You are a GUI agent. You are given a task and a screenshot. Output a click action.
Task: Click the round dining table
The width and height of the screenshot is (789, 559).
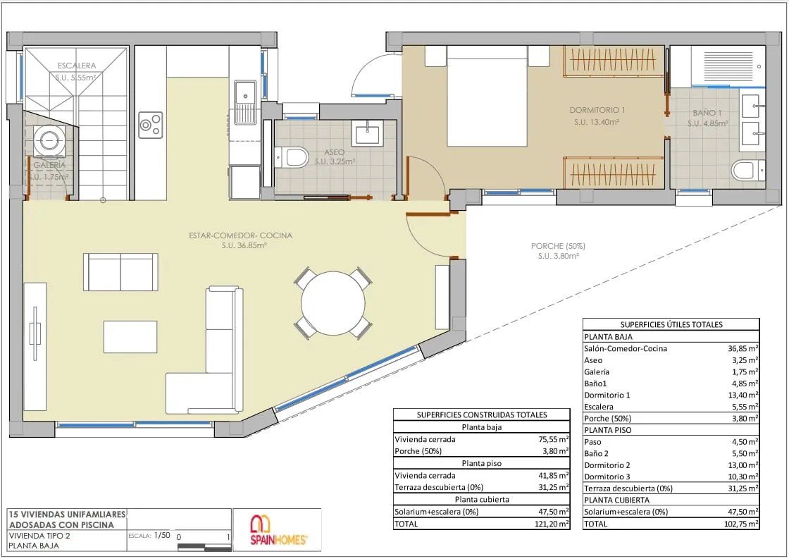pyautogui.click(x=333, y=303)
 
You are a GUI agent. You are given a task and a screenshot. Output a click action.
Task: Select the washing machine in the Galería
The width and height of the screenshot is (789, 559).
pyautogui.click(x=49, y=140)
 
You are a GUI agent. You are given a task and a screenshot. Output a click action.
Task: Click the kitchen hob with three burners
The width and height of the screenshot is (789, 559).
pyautogui.click(x=151, y=125)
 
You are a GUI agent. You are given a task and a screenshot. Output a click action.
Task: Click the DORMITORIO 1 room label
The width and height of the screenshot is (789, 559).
pyautogui.click(x=597, y=110)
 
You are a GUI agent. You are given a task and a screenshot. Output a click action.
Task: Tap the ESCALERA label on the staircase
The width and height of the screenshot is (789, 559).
pyautogui.click(x=77, y=66)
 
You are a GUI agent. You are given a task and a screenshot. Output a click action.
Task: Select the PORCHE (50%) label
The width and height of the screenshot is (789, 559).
pyautogui.click(x=558, y=246)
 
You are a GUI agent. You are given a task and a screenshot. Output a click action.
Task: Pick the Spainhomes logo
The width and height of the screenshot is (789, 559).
pyautogui.click(x=279, y=530)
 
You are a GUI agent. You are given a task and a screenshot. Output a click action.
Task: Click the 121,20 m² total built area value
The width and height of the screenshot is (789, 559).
pyautogui.click(x=552, y=524)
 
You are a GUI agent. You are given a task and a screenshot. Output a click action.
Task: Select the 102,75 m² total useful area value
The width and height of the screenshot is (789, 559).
pyautogui.click(x=740, y=524)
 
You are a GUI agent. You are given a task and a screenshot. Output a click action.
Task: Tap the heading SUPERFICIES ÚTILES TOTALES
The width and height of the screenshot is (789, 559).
pyautogui.click(x=671, y=325)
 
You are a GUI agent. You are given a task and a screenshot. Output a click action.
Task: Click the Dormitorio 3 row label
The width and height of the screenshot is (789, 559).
pyautogui.click(x=607, y=477)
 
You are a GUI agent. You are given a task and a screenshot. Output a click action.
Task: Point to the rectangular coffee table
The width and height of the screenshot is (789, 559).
pyautogui.click(x=130, y=337)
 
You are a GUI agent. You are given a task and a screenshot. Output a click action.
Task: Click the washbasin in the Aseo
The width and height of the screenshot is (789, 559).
pyautogui.click(x=367, y=133)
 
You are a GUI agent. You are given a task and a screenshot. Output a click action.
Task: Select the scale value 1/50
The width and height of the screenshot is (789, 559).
pyautogui.click(x=162, y=535)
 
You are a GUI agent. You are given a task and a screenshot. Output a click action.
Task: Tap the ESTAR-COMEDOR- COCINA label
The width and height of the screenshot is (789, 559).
pyautogui.click(x=240, y=235)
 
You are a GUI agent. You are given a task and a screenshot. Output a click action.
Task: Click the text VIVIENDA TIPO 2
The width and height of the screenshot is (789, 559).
pyautogui.click(x=39, y=535)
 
